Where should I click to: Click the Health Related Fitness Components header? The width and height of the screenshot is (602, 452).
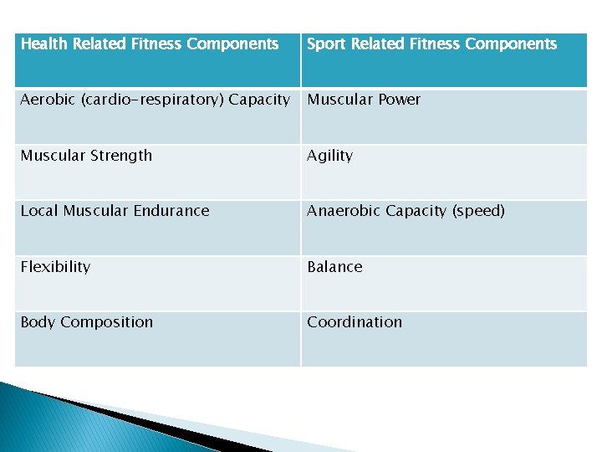(x=150, y=44)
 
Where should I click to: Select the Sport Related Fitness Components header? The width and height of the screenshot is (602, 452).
(x=431, y=44)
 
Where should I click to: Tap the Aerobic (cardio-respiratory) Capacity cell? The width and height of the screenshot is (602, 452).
(x=156, y=100)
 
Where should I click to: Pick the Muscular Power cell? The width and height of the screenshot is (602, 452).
(x=364, y=100)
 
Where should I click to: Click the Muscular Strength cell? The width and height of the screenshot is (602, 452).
(x=86, y=156)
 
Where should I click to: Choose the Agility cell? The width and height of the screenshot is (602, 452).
(x=329, y=156)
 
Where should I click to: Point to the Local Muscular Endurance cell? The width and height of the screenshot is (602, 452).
(x=115, y=211)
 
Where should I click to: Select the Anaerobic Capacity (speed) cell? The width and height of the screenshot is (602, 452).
(x=406, y=211)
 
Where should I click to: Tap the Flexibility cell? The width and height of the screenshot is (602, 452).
(x=55, y=267)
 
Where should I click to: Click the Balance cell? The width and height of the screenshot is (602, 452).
(x=334, y=267)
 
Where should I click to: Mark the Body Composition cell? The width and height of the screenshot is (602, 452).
(x=86, y=322)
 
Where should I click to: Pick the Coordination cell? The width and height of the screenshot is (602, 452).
(x=355, y=322)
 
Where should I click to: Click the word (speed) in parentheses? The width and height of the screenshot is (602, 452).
(x=478, y=211)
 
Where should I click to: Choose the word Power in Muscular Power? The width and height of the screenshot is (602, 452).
(x=400, y=100)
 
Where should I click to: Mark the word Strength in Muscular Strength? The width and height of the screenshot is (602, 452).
(x=123, y=156)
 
